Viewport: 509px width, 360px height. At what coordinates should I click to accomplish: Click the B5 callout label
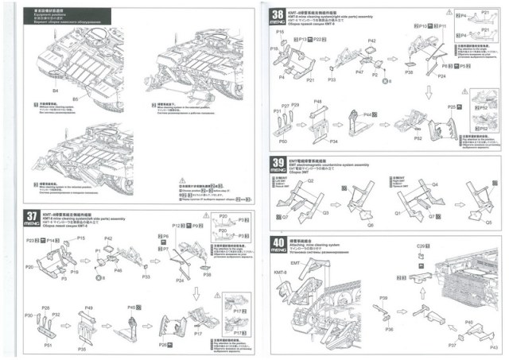[x=76, y=99]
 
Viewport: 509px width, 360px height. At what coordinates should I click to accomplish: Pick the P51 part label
[x=49, y=344]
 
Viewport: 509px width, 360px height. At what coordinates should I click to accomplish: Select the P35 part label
[x=82, y=348]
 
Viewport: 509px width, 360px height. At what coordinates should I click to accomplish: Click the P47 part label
[x=359, y=72]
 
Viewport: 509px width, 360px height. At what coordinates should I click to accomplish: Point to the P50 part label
[x=283, y=140]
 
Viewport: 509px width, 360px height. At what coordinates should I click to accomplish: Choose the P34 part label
[x=333, y=141]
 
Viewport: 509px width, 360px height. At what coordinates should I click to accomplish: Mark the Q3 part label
[x=324, y=214]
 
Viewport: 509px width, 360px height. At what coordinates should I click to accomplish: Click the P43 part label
[x=493, y=347]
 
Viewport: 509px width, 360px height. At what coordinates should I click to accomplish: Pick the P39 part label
[x=383, y=297]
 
